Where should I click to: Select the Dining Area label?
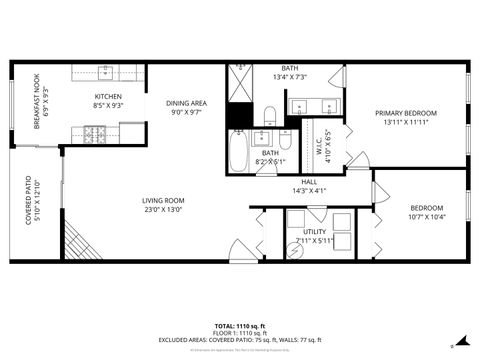point(186,103)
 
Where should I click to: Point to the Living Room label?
point(162,200)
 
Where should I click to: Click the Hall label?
point(309,182)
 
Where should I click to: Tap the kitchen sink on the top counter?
point(106,72)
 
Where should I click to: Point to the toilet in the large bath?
point(270,112)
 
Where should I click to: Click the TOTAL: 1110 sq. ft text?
point(240,326)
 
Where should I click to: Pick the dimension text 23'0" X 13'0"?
point(162,209)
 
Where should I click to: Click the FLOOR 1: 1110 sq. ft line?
point(240,333)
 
